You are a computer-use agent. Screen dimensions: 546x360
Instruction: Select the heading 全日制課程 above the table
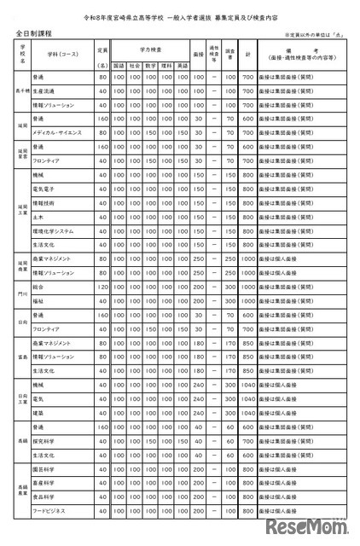click(x=34, y=32)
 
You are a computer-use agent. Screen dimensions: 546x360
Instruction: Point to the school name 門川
click(x=23, y=293)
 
